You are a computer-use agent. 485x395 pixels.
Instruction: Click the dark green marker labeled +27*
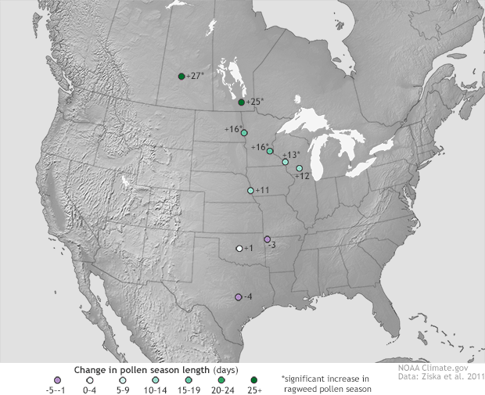tap(181, 76)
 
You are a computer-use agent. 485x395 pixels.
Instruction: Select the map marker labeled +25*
tap(241, 102)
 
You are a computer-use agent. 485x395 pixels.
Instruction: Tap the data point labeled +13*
tap(285, 162)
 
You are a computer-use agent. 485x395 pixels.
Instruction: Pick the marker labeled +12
tap(300, 168)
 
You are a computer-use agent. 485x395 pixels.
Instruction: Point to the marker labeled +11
tap(250, 190)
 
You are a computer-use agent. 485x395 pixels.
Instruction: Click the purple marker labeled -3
tap(267, 239)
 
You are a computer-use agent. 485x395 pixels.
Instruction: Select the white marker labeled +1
tap(239, 248)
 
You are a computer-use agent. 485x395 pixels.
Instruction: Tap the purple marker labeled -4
tap(238, 296)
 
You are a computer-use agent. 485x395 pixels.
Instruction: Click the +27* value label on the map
tap(195, 76)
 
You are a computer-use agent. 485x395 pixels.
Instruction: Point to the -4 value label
tap(247, 296)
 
